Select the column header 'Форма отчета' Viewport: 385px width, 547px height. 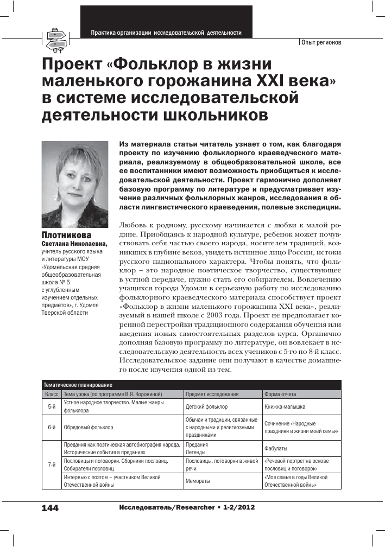[x=280, y=394]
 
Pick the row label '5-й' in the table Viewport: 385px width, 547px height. [x=52, y=406]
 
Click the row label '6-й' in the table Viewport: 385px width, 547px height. [x=52, y=427]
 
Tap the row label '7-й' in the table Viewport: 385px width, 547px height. [x=52, y=465]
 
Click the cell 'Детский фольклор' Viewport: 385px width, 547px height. [x=207, y=406]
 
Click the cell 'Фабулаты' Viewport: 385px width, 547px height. [x=276, y=449]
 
